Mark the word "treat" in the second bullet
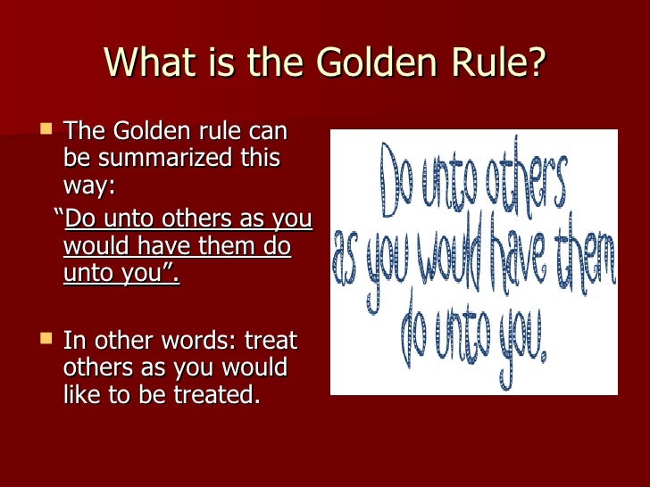coord(271,341)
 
